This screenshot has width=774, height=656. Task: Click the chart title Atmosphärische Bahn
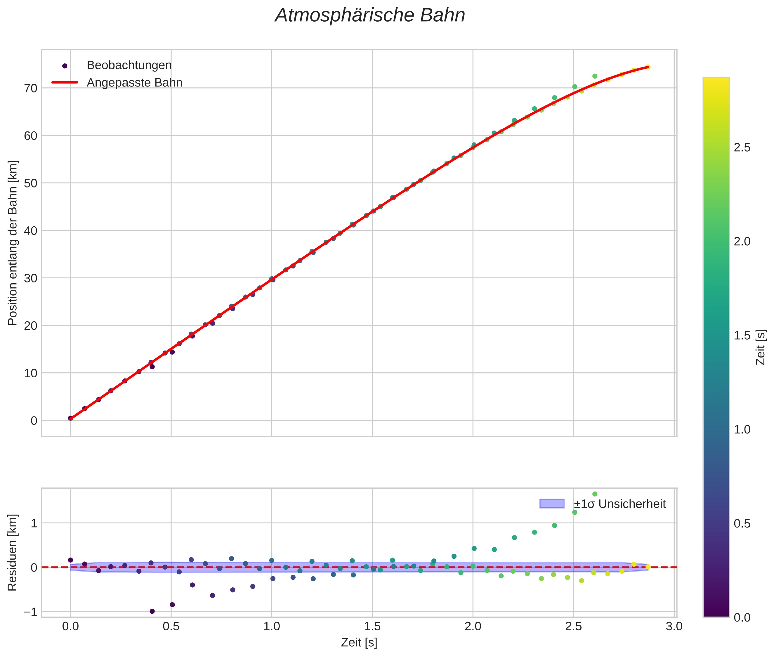[x=370, y=15]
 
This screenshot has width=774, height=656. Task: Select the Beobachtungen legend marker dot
[x=65, y=66]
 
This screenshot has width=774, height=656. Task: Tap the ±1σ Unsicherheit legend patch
[x=551, y=504]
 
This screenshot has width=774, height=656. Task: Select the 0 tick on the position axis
[x=34, y=421]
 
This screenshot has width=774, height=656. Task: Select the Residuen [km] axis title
[x=13, y=552]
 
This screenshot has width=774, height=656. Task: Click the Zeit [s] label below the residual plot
[x=359, y=643]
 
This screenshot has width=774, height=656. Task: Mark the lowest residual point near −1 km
[x=152, y=611]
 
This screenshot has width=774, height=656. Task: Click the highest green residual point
[x=595, y=494]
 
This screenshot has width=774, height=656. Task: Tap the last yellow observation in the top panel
[x=648, y=67]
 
